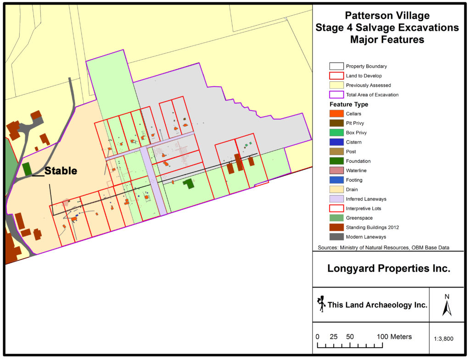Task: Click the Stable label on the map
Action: coord(61,171)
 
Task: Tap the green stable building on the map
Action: coord(27,168)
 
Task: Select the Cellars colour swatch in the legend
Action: coord(336,114)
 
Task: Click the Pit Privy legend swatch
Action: coord(336,123)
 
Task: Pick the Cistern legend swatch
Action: coord(336,142)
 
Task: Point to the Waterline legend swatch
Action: coord(336,171)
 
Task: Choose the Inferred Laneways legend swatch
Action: coord(336,199)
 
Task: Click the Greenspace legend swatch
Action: coord(336,218)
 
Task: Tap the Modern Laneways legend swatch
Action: coord(336,237)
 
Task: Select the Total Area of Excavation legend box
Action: coord(336,95)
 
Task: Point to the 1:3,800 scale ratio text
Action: coord(443,339)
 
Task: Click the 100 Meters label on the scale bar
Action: coord(394,337)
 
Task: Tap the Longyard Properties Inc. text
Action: coord(388,269)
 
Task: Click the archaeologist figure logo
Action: coord(321,304)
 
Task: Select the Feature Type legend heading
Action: coord(348,105)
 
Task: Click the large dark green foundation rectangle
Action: coord(188,183)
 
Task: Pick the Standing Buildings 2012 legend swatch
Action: coord(336,227)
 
